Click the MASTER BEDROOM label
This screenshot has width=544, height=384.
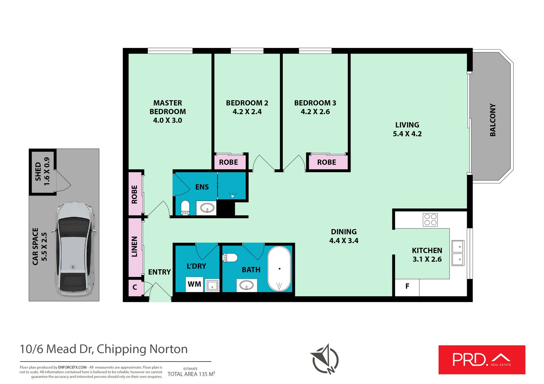pyautogui.click(x=168, y=107)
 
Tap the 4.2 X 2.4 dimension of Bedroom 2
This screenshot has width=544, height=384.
pyautogui.click(x=247, y=112)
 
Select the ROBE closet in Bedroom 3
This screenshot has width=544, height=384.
pyautogui.click(x=327, y=162)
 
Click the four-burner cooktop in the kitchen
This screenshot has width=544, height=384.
pyautogui.click(x=430, y=220)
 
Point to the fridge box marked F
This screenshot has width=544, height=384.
pyautogui.click(x=407, y=287)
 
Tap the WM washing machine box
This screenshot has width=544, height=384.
pyautogui.click(x=194, y=284)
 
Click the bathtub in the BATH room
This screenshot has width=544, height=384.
pyautogui.click(x=279, y=269)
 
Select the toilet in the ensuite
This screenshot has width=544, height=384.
pyautogui.click(x=185, y=207)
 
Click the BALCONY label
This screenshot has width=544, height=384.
pyautogui.click(x=493, y=120)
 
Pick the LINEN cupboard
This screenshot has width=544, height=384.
pyautogui.click(x=135, y=247)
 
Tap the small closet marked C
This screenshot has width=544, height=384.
pyautogui.click(x=135, y=287)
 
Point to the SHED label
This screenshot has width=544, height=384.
pyautogui.click(x=38, y=171)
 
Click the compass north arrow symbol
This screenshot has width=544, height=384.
pyautogui.click(x=324, y=359)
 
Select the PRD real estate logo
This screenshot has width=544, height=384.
pyautogui.click(x=481, y=360)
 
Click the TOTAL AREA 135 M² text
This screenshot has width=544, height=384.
pyautogui.click(x=191, y=374)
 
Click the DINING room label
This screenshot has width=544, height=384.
pyautogui.click(x=344, y=232)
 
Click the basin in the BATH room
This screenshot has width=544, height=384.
pyautogui.click(x=247, y=285)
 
